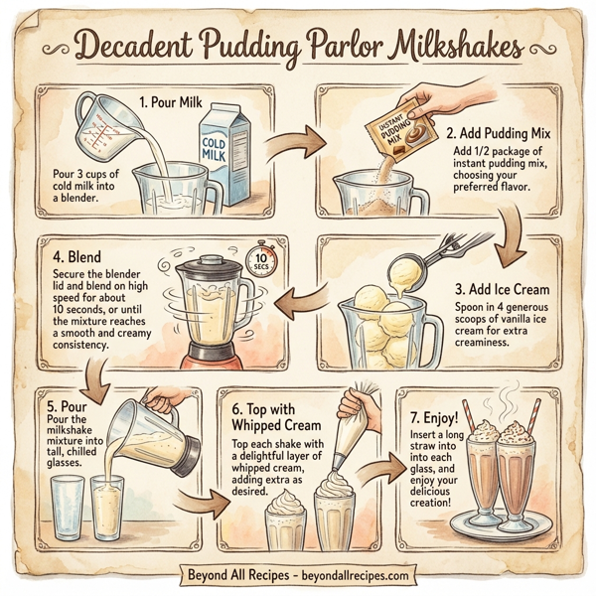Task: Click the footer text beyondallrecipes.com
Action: point(348,575)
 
